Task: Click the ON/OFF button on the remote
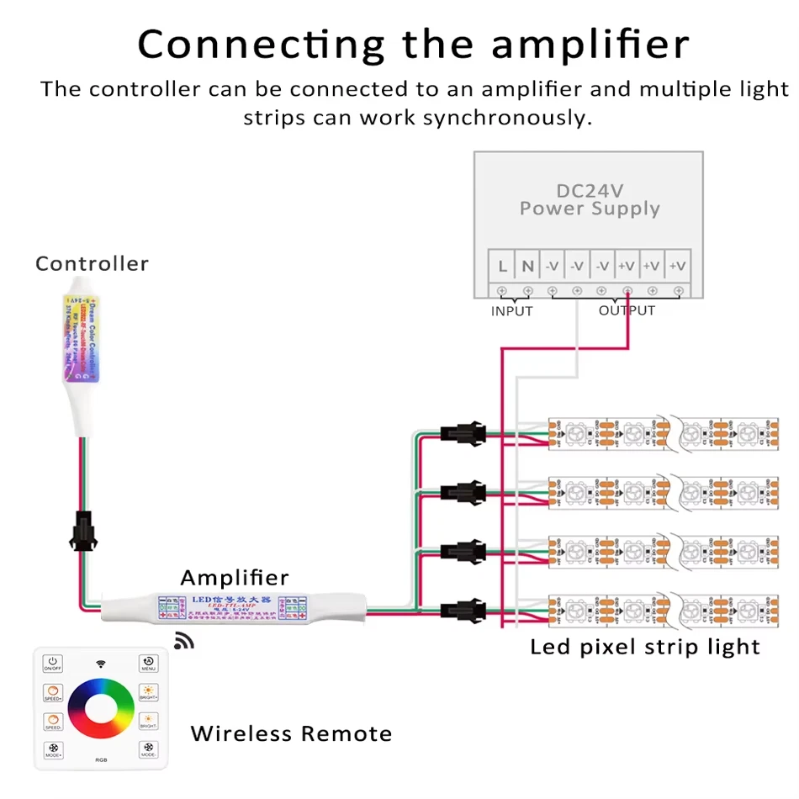[x=53, y=664]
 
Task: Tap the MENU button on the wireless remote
[x=148, y=664]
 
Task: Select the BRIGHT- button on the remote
[x=148, y=722]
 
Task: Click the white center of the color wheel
[x=101, y=707]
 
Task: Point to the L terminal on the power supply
[x=502, y=267]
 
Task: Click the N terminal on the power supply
[x=527, y=267]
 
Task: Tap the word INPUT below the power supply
[x=512, y=311]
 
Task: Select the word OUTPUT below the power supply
[x=627, y=310]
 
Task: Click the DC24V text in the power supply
[x=590, y=191]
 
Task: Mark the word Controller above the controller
[x=92, y=264]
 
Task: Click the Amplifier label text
[x=235, y=578]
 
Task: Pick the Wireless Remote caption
[x=291, y=733]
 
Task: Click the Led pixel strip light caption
[x=645, y=647]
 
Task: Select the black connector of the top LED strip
[x=461, y=436]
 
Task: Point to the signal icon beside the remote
[x=183, y=642]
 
